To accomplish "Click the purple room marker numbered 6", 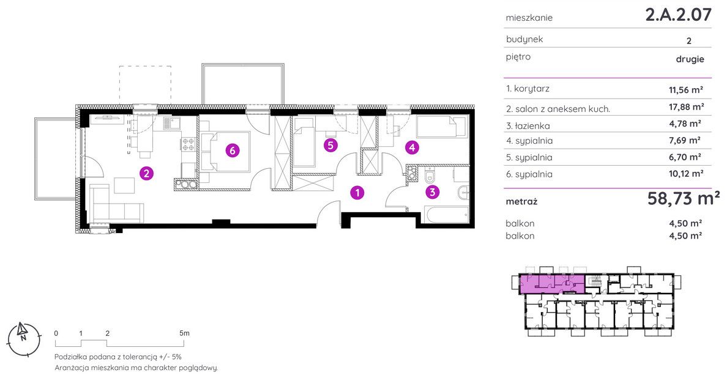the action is point(233,150).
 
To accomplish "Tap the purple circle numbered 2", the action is point(146,174).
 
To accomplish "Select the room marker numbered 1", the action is point(357,192).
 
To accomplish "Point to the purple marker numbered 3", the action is point(432,191).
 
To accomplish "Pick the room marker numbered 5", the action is point(330,146).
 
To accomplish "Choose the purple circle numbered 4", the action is point(412,147).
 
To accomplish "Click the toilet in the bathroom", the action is point(430,176).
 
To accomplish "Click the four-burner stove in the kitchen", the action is point(188,144).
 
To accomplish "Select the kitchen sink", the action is point(171,123).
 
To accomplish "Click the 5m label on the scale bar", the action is point(184,333).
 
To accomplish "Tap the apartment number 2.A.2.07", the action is point(678,15).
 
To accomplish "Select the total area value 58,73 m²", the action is point(684,199).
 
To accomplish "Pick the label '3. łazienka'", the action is point(528,125).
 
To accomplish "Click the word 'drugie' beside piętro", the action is point(690,59).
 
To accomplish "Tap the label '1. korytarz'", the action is point(528,89).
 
